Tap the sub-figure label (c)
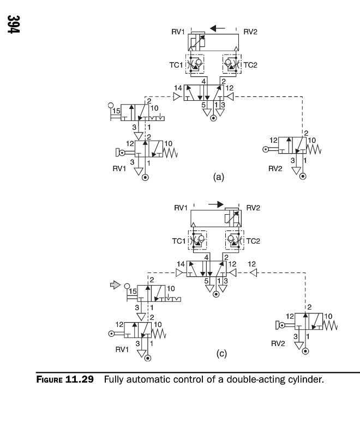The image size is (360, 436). pyautogui.click(x=221, y=354)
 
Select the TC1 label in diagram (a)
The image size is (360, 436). pyautogui.click(x=176, y=64)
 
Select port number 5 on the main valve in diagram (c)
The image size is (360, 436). pyautogui.click(x=206, y=281)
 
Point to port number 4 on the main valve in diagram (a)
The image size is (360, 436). pyautogui.click(x=203, y=81)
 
